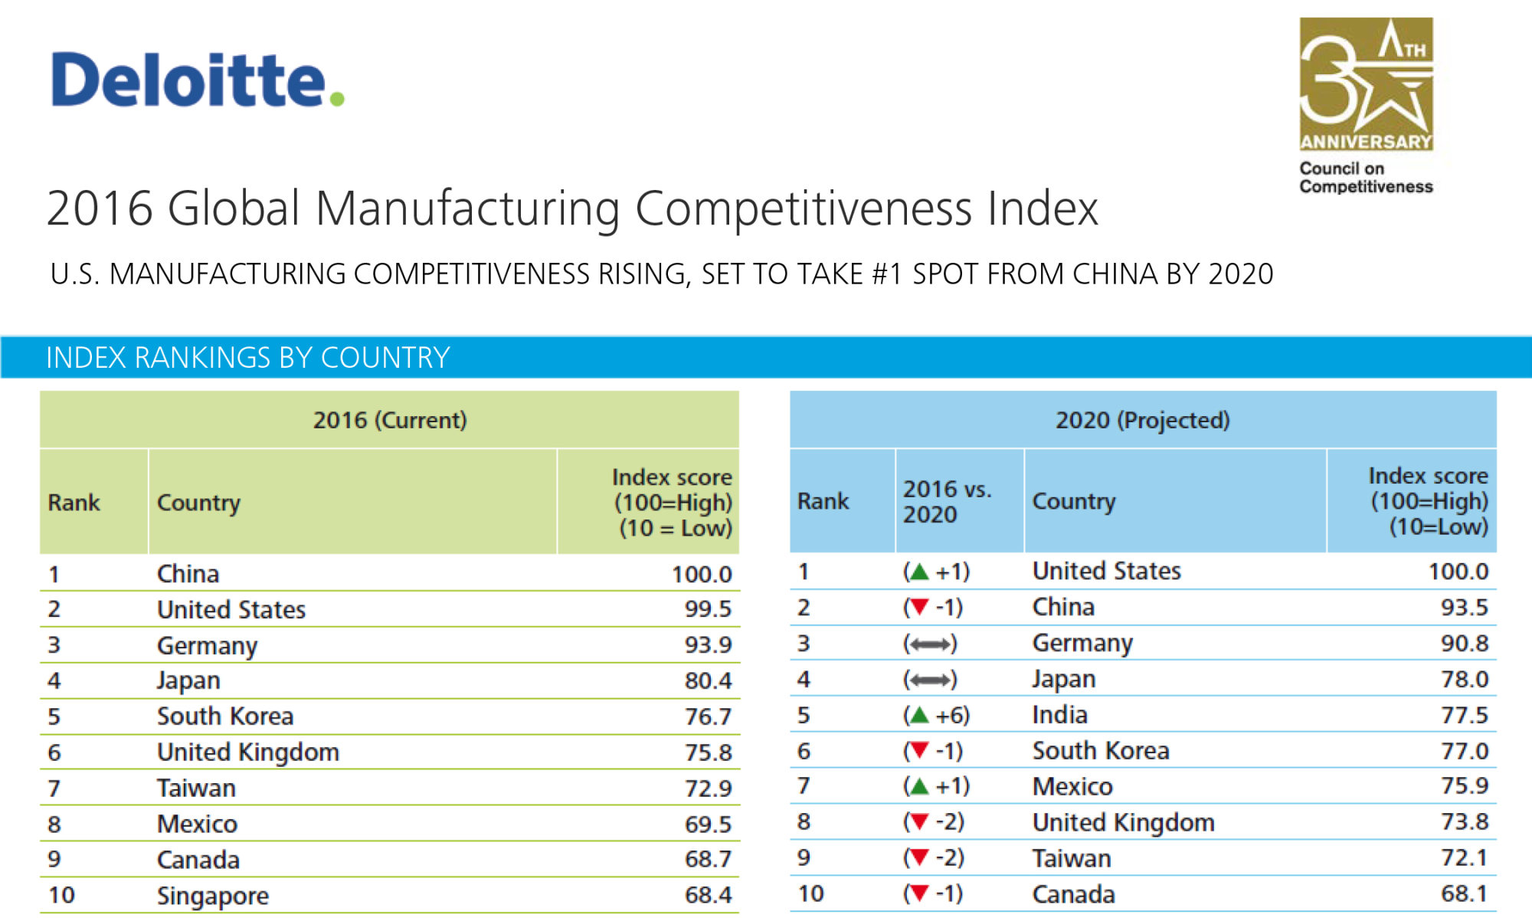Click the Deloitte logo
tap(198, 80)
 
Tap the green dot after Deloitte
tap(336, 98)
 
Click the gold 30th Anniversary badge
tap(1366, 84)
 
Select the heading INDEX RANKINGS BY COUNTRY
tap(247, 358)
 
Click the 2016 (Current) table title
tap(390, 420)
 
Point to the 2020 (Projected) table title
tap(1143, 420)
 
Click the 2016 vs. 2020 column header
tap(947, 501)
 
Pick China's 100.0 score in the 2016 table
tap(702, 574)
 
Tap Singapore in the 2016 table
tap(213, 896)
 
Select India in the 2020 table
tap(1060, 715)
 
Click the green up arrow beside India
tap(918, 715)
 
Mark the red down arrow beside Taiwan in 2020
tap(918, 858)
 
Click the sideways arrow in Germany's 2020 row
tap(930, 644)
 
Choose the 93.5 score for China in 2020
tap(1464, 608)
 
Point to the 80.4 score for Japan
tap(708, 680)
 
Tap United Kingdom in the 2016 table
tap(248, 752)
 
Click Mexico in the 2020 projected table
tap(1072, 786)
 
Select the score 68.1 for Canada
tap(1464, 893)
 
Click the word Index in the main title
tap(1043, 208)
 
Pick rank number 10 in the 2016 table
tap(61, 895)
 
